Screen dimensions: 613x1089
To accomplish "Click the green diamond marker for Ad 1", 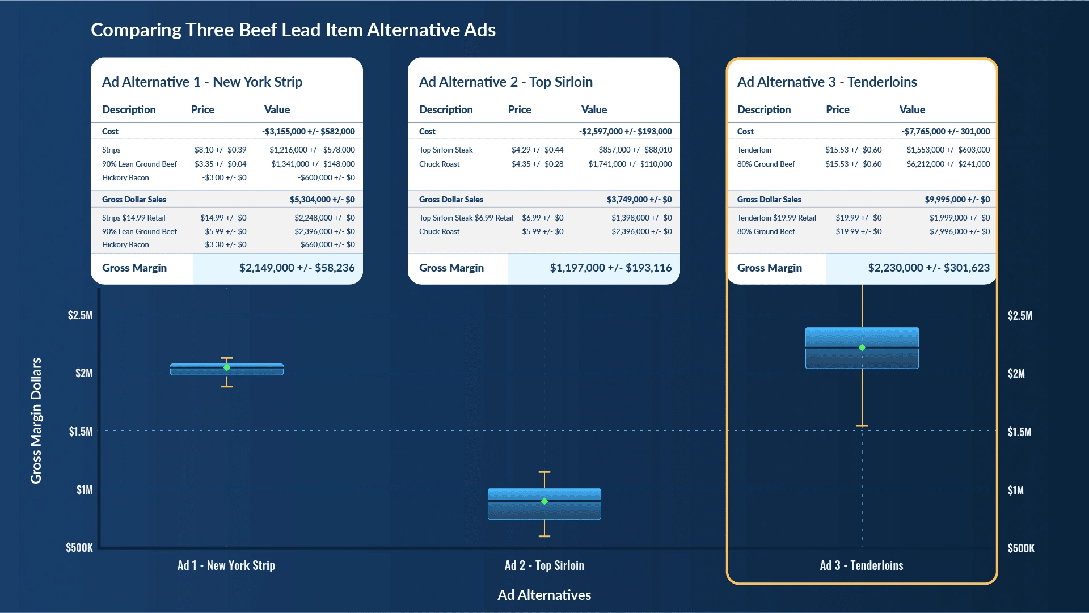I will [227, 367].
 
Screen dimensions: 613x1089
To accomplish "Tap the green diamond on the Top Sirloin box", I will [544, 501].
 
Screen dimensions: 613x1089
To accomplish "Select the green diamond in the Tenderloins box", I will [862, 348].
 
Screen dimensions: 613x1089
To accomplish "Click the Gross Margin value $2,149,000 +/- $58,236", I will [297, 268].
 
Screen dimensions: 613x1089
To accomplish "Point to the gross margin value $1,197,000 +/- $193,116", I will [610, 268].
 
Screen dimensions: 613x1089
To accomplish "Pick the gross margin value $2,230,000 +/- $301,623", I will [928, 268].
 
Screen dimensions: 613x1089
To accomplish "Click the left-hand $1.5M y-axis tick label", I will [81, 432].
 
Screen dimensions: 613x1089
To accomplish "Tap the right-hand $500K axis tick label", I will [1021, 548].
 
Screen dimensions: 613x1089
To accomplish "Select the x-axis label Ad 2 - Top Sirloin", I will [544, 565].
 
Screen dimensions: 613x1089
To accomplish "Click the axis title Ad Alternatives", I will [544, 595].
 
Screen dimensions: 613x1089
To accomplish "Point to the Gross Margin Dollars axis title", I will [36, 420].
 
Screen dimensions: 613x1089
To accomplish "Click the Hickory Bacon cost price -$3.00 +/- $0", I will [224, 177].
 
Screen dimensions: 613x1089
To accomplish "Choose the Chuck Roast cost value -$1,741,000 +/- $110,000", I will [628, 164].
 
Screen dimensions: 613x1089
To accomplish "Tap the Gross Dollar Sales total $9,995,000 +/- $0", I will [957, 200].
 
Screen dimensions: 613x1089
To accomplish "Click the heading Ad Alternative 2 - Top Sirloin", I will [505, 82].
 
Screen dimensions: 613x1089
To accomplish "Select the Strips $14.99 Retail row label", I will [134, 218].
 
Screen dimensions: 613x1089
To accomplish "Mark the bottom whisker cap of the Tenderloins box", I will [862, 426].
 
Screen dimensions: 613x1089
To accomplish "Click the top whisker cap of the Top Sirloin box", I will [544, 472].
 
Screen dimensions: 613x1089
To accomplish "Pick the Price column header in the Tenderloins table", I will [837, 109].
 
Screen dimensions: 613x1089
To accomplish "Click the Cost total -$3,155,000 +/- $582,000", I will [308, 132].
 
